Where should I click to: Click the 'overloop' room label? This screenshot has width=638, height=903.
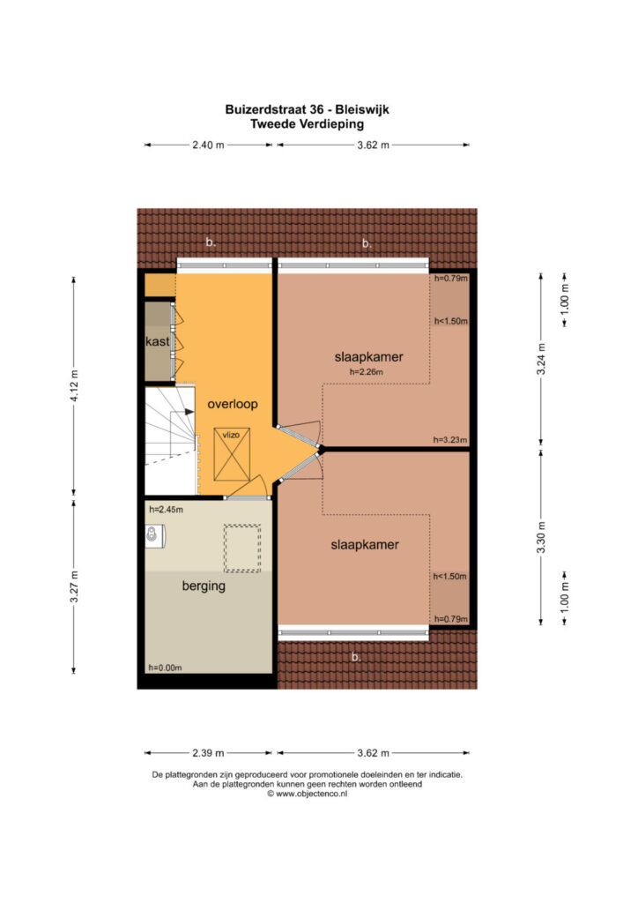[233, 404]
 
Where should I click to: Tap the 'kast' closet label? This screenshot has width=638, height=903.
[157, 341]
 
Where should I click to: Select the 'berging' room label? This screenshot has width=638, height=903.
[204, 586]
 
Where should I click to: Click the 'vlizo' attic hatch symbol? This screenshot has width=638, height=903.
[232, 454]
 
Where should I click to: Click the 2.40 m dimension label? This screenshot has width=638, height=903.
[208, 146]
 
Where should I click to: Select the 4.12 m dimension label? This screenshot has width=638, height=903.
[74, 386]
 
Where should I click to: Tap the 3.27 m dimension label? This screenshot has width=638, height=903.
[74, 586]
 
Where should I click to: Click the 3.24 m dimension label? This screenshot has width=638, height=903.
[541, 360]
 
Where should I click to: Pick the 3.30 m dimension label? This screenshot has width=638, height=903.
[541, 537]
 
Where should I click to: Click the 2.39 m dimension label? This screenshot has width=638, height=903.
[208, 753]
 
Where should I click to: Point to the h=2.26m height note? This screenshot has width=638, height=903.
[367, 372]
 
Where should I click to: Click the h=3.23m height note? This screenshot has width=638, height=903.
[450, 440]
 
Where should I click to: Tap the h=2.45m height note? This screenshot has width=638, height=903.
[167, 510]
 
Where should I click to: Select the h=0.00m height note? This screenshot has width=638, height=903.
[165, 668]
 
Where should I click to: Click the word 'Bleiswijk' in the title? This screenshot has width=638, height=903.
[362, 109]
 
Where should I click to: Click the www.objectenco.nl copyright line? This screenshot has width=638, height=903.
[308, 794]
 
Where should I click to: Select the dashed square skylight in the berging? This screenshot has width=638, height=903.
[242, 549]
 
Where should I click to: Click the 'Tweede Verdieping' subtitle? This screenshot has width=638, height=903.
[308, 123]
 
